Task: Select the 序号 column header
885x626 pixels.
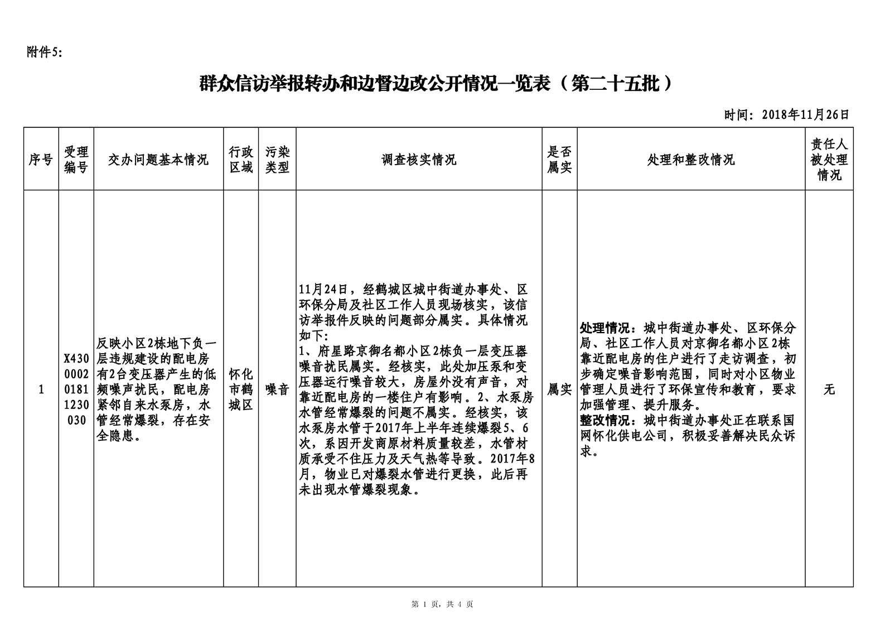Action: pos(41,160)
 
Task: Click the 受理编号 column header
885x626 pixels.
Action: pos(76,160)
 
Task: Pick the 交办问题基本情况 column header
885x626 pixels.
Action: pos(158,160)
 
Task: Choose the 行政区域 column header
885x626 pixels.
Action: pos(241,160)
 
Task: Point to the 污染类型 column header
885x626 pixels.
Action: pos(277,160)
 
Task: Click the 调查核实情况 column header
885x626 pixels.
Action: pos(419,160)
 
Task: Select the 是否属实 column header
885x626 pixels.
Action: pos(559,160)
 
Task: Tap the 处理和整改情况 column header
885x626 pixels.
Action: pos(691,160)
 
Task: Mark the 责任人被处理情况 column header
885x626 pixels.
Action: pos(829,160)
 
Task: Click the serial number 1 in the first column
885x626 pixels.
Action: pos(41,389)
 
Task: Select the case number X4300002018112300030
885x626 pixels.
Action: pos(76,389)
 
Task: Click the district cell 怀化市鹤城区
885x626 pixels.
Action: pos(241,389)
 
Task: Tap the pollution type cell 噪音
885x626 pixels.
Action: pos(277,389)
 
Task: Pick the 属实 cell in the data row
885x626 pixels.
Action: pos(559,389)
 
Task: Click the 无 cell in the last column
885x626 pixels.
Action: pos(829,389)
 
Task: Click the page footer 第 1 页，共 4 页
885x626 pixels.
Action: pos(442,604)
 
